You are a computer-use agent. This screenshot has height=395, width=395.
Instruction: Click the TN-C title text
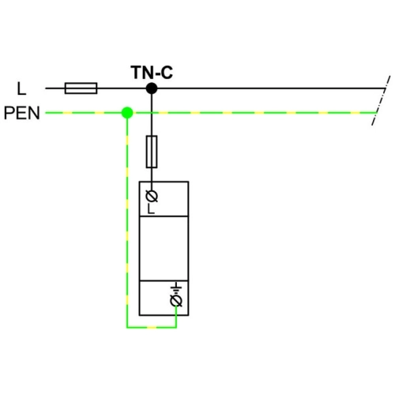point(152,73)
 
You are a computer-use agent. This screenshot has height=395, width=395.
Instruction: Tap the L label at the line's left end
point(21,88)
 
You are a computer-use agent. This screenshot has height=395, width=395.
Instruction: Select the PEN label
point(22,113)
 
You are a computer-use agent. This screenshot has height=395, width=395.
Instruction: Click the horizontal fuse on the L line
point(81,88)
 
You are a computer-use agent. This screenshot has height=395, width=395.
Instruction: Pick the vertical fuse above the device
point(152,152)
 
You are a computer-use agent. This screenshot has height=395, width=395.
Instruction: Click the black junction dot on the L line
point(152,88)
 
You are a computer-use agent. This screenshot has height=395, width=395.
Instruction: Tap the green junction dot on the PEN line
point(127,113)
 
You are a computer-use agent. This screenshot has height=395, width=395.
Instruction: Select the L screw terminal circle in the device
point(152,196)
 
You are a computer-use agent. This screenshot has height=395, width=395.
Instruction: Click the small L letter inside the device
point(151,209)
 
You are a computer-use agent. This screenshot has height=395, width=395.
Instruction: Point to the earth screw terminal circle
point(176,301)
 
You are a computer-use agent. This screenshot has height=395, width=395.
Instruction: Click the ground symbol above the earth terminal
point(176,288)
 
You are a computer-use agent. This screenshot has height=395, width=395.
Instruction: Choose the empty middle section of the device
point(164,248)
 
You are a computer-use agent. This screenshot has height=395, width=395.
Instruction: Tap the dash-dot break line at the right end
point(381,100)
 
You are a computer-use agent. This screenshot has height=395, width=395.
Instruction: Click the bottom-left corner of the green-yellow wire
point(127,328)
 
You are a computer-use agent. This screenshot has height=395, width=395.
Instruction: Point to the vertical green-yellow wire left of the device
point(127,220)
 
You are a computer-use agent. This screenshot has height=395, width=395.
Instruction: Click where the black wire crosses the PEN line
point(152,113)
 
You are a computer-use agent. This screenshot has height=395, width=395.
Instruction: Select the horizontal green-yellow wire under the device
point(152,328)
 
